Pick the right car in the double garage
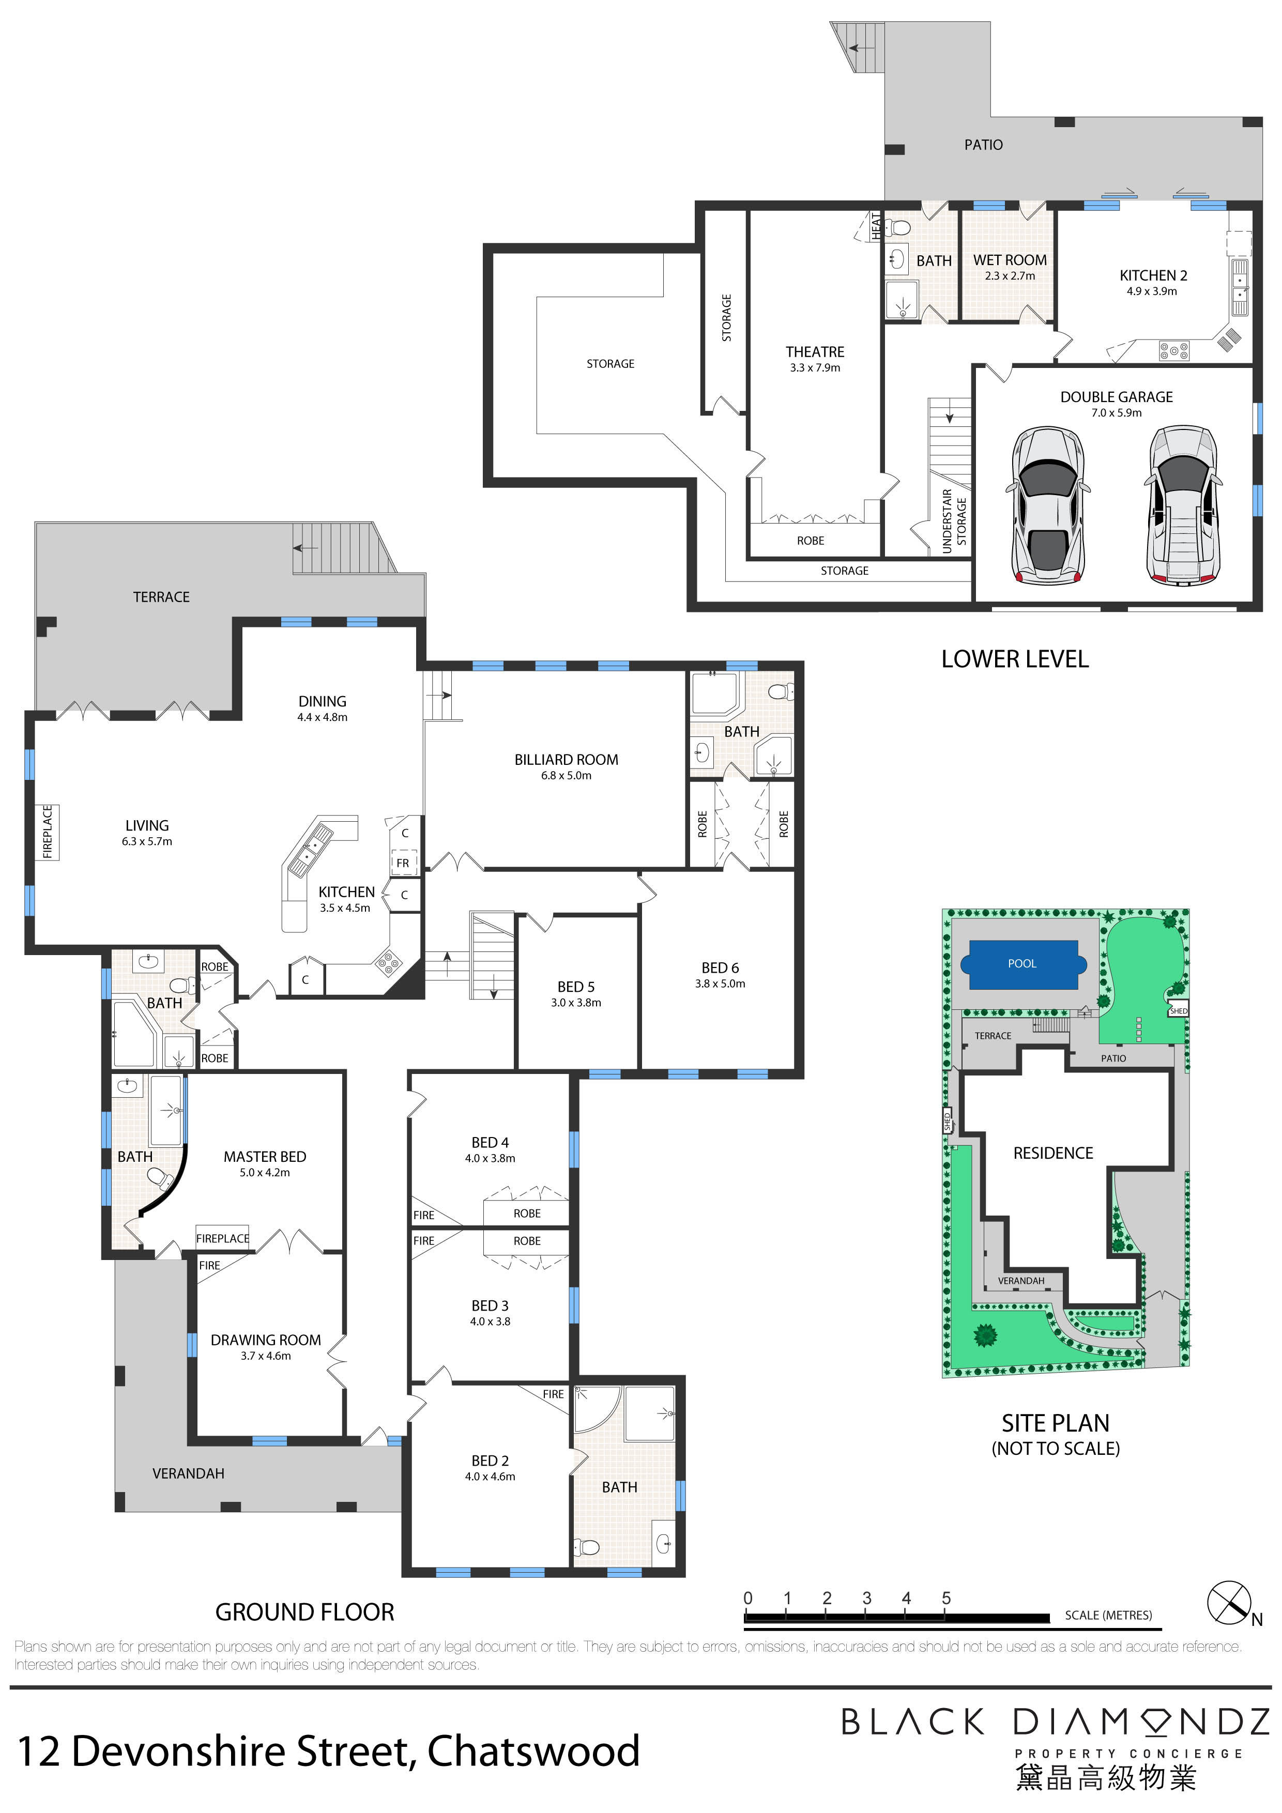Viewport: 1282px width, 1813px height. point(1182,505)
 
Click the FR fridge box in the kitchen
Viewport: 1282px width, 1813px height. point(403,863)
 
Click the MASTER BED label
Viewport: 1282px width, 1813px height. point(265,1156)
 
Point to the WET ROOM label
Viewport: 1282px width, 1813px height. point(1010,260)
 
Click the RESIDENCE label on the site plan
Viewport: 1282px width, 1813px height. point(1053,1153)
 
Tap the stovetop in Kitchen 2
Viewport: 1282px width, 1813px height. point(1174,350)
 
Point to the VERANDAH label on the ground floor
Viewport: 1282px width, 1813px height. point(188,1473)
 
